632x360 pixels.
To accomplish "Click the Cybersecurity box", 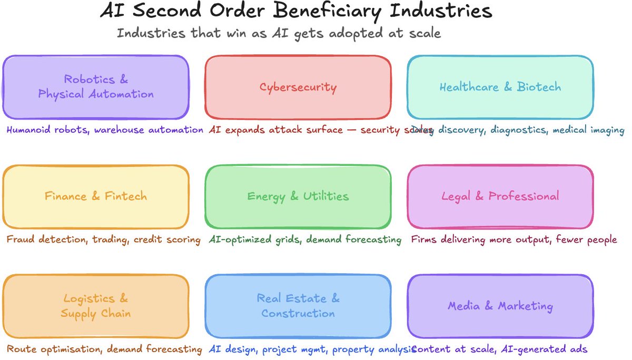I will (x=298, y=87).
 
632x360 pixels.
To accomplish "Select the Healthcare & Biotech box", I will (x=500, y=87).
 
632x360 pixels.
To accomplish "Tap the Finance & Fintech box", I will (x=95, y=196).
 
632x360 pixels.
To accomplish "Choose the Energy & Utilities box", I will (x=298, y=196).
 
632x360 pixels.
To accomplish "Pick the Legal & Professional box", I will (x=500, y=196).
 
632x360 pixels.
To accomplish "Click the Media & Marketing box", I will (x=500, y=306).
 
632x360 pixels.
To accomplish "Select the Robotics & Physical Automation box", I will (x=95, y=87).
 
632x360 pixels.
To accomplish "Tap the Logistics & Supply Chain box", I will (x=95, y=306).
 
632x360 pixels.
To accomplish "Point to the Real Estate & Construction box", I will (x=298, y=306).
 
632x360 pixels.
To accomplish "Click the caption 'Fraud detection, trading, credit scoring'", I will (x=103, y=239).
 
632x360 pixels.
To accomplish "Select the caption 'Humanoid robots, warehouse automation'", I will (x=104, y=129).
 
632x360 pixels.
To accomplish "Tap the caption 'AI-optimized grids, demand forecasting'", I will (x=305, y=239).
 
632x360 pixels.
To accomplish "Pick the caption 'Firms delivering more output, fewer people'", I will (x=513, y=239).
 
